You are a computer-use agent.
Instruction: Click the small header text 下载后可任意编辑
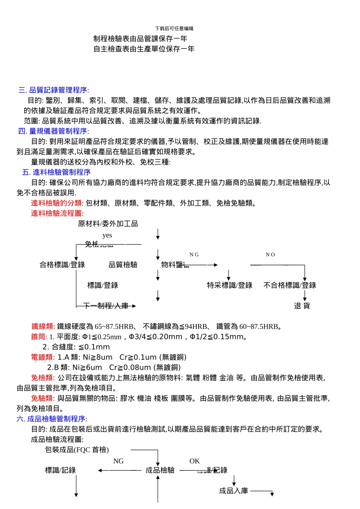point(174,28)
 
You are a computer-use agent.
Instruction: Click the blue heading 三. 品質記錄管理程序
point(53,90)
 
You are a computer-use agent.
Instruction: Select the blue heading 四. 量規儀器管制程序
point(53,131)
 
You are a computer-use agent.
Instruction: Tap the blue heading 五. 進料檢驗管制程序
point(56,172)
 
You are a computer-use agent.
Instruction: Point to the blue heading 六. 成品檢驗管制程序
point(52,419)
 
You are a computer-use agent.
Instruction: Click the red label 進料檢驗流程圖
point(57,214)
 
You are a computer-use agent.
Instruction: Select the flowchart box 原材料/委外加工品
point(108,224)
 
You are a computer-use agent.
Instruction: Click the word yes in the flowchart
point(107,235)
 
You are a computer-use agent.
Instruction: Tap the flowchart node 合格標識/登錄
point(62,265)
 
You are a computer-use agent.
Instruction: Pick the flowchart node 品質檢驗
point(123,265)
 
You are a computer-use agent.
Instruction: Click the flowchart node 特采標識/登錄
point(230,285)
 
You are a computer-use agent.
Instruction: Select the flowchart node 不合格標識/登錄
point(290,285)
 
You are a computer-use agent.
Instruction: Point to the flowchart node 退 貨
point(302,306)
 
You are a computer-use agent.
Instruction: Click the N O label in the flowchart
point(270,255)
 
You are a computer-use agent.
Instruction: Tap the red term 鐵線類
point(43,326)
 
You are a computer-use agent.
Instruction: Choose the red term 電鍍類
point(43,357)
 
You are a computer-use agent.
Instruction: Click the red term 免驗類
point(43,398)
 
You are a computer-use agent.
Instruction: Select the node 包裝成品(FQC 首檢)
point(77,450)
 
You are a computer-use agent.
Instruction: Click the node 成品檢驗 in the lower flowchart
point(160,470)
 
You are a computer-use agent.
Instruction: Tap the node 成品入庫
point(233,491)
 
